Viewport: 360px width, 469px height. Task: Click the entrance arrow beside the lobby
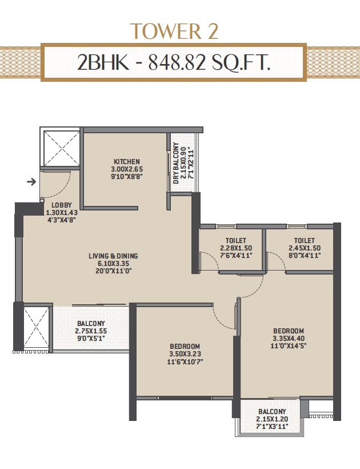click(31, 181)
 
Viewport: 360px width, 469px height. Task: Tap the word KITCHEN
click(127, 161)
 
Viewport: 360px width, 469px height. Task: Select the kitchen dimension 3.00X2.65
click(127, 169)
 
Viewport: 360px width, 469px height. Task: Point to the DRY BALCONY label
click(176, 163)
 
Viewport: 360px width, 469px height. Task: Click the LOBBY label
click(62, 205)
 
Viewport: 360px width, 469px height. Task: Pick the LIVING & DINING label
click(113, 256)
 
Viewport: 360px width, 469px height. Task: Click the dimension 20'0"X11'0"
click(113, 271)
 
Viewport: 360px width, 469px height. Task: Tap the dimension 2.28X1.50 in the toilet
click(236, 248)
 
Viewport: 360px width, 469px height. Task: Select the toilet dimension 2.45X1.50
click(305, 248)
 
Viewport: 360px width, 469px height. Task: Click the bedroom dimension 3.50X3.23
click(185, 354)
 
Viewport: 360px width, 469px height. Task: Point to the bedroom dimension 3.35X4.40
click(289, 338)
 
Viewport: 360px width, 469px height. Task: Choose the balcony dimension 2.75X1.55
click(91, 331)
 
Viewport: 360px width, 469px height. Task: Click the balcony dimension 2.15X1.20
click(272, 419)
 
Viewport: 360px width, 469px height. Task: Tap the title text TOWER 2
click(174, 31)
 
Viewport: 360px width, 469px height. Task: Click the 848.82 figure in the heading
click(177, 63)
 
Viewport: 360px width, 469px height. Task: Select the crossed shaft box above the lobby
click(62, 148)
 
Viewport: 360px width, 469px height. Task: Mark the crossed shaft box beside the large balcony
click(36, 327)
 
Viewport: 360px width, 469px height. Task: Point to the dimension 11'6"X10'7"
click(185, 361)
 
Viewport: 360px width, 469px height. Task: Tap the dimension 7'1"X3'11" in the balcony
click(272, 427)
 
